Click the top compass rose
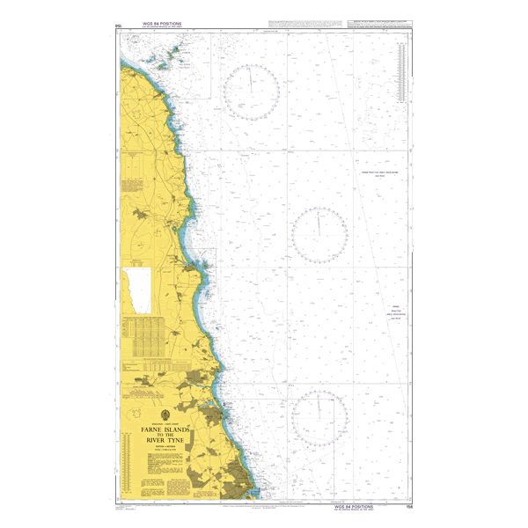tap(252, 92)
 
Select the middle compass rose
tap(319, 234)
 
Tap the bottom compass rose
tap(319, 417)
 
